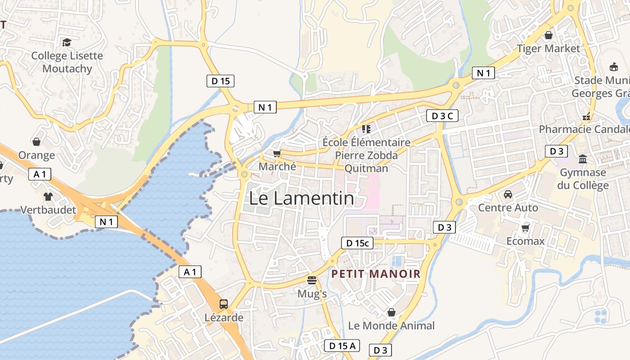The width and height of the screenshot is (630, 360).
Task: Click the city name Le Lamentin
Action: (x=301, y=198)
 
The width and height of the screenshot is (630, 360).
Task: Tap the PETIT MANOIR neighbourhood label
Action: (x=376, y=274)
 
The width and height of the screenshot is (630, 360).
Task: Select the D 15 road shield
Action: (x=220, y=81)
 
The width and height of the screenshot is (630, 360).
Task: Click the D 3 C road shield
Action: (x=442, y=116)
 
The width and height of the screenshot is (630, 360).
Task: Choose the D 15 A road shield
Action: (x=342, y=346)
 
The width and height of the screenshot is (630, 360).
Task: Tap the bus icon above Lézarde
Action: (x=224, y=304)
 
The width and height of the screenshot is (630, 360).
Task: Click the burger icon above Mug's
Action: (x=312, y=280)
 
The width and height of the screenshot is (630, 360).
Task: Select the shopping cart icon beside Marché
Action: (x=277, y=153)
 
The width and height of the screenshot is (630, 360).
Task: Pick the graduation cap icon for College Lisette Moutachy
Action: (x=67, y=42)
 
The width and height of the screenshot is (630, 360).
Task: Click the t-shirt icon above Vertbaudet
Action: (x=48, y=196)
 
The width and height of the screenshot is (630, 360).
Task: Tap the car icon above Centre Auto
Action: (x=508, y=194)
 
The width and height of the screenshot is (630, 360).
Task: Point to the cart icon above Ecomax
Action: (x=525, y=228)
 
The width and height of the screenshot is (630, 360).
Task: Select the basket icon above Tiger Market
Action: (x=549, y=35)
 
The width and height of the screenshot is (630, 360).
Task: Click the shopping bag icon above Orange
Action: (x=36, y=142)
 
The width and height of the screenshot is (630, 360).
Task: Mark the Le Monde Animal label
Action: (x=391, y=325)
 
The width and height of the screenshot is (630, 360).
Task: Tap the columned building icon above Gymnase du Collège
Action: (x=583, y=159)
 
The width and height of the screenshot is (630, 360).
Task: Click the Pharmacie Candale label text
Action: (x=584, y=130)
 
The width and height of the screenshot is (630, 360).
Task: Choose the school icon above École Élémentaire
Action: (x=366, y=129)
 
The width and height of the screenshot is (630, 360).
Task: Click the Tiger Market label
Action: (x=549, y=48)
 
